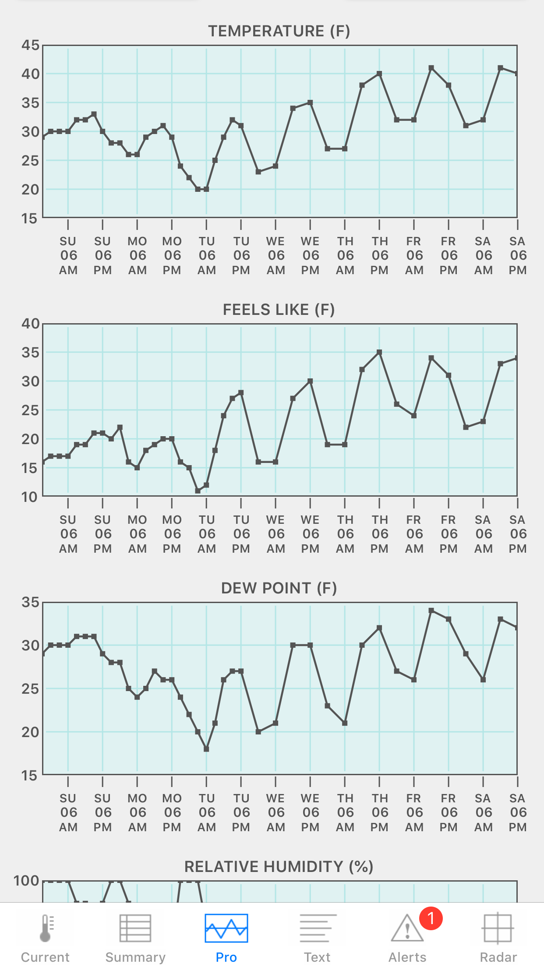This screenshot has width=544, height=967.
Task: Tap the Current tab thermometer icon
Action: [x=45, y=928]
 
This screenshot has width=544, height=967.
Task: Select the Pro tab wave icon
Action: [x=226, y=928]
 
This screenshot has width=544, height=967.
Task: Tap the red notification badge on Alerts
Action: [x=431, y=918]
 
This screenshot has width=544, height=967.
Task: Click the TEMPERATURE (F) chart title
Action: [x=279, y=31]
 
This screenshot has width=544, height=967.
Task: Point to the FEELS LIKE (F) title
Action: [x=279, y=310]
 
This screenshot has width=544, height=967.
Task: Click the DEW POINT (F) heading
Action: [x=279, y=588]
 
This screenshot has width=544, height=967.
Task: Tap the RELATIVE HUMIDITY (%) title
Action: [x=279, y=867]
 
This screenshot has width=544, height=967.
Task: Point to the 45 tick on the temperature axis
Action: [x=30, y=45]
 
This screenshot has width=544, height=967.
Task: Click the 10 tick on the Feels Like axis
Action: [x=29, y=497]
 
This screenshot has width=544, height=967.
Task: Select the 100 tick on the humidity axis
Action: [x=26, y=881]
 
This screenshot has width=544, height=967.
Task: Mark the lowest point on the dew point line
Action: [x=206, y=749]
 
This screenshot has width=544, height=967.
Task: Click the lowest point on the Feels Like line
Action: [x=198, y=491]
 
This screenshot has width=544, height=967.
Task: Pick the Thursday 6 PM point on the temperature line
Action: [x=379, y=74]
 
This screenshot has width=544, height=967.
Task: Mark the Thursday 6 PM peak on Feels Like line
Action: [x=379, y=352]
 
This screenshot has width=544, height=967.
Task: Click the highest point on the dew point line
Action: [x=431, y=611]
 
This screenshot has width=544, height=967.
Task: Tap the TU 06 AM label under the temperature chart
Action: [x=207, y=255]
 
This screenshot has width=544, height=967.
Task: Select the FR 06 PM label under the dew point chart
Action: [x=449, y=812]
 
